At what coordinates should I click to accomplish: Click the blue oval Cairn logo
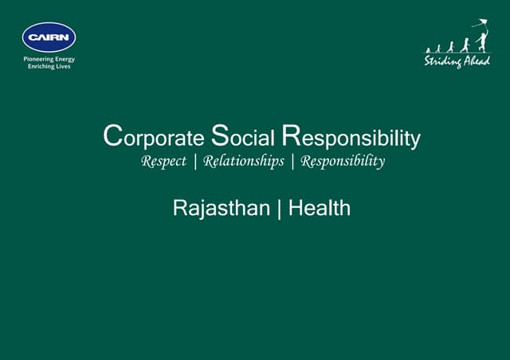tap(49, 37)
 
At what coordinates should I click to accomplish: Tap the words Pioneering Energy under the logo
tap(49, 59)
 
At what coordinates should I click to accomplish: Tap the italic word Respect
tap(163, 162)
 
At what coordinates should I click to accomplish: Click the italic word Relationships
tap(243, 162)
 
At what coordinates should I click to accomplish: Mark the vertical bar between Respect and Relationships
tap(195, 162)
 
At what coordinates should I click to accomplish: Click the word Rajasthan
tap(221, 209)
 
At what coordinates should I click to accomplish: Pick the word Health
tap(319, 209)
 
